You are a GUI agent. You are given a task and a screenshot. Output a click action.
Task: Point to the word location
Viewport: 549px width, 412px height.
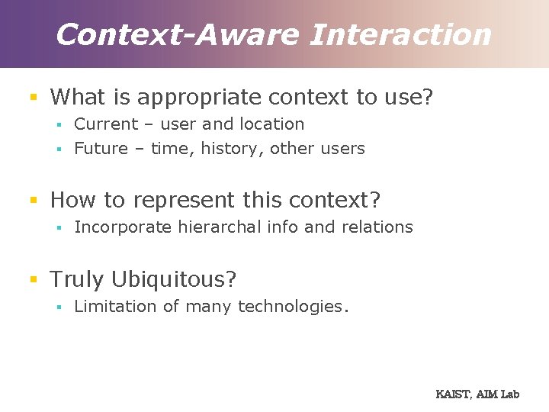point(271,124)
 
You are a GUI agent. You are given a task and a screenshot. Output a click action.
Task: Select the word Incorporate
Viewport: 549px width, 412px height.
point(123,227)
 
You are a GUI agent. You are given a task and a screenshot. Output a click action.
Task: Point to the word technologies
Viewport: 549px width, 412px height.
point(293,306)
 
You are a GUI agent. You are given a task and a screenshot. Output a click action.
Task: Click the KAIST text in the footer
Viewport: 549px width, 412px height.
point(453,394)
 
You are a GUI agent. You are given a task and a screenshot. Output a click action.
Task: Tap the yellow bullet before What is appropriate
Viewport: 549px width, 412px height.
point(33,98)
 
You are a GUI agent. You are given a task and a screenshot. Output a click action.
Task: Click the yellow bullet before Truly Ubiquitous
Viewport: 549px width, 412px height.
point(33,279)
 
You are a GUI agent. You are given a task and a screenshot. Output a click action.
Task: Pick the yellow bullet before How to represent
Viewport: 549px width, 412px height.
point(33,200)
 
